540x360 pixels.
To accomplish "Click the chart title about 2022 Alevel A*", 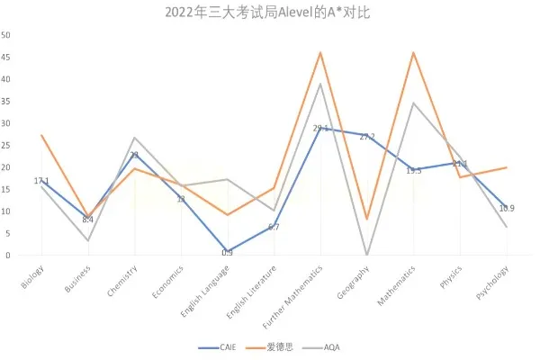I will [269, 13].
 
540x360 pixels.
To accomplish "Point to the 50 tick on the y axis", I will [6, 35].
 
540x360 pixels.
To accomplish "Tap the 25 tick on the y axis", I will [6, 145].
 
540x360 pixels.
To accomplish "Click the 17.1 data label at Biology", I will [41, 181].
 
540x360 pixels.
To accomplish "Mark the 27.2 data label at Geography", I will [367, 137].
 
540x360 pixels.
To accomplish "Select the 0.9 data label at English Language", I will [227, 253].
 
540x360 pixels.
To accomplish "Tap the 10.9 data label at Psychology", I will [507, 208].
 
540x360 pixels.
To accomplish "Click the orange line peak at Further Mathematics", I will [320, 53].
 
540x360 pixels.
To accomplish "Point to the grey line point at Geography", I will [367, 255].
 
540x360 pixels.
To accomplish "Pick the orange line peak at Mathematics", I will [413, 53].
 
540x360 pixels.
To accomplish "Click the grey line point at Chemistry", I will [134, 138].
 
